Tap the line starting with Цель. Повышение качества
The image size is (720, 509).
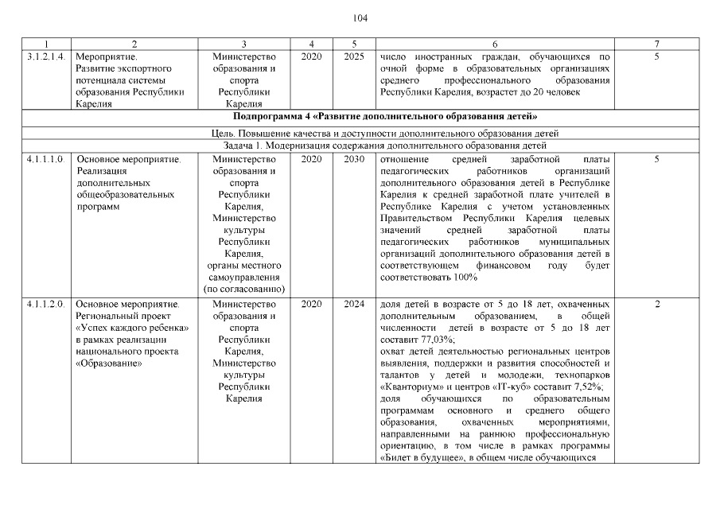pyautogui.click(x=360, y=133)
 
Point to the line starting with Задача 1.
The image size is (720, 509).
pyautogui.click(x=360, y=146)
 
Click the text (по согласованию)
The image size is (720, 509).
pyautogui.click(x=244, y=289)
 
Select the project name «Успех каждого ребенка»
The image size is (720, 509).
pyautogui.click(x=131, y=328)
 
